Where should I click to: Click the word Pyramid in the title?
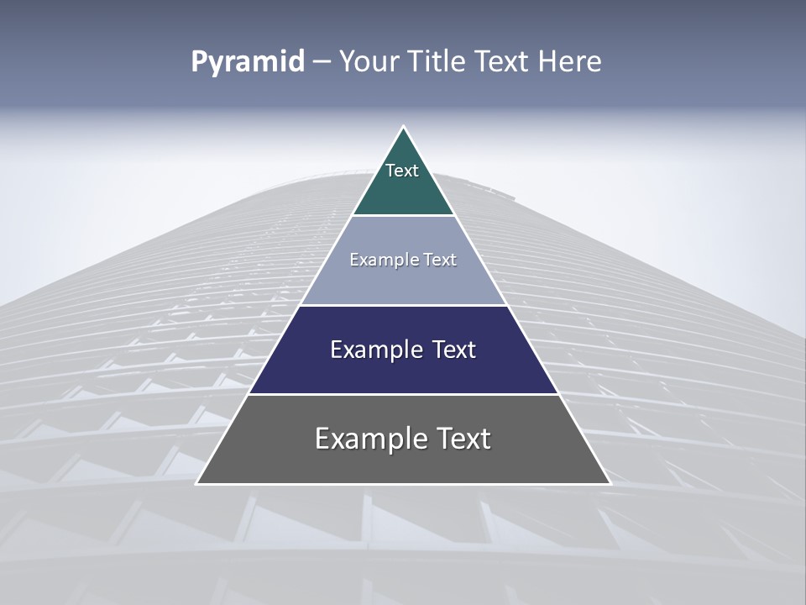(247, 62)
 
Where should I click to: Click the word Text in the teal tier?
(402, 171)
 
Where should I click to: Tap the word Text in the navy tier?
(453, 350)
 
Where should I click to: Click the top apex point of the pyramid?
(404, 127)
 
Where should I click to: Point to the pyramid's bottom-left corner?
(197, 483)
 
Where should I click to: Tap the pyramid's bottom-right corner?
(610, 483)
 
